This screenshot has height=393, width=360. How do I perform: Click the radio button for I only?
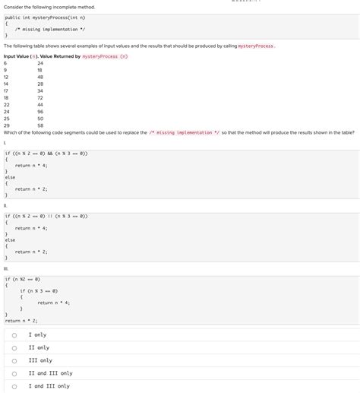14,334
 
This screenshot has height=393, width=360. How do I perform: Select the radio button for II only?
14,347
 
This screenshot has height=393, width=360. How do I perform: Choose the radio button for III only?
14,360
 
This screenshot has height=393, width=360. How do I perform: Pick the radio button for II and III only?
14,373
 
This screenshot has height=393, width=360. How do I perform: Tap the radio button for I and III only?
14,386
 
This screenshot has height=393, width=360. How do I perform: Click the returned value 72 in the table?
40,97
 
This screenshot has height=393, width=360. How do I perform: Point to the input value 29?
6,125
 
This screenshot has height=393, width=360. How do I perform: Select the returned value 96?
40,111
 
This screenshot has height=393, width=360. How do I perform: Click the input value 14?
6,84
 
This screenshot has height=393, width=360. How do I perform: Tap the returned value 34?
40,90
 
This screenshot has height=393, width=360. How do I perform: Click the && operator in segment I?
54,153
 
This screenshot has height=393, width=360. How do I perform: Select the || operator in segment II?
54,216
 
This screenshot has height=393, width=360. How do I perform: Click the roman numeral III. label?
6,268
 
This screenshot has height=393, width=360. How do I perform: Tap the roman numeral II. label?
5,205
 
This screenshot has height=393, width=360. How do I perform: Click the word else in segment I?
11,176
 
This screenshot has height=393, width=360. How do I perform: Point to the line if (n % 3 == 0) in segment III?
39,290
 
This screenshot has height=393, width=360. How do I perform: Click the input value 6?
5,63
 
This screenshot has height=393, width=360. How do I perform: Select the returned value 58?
40,125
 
